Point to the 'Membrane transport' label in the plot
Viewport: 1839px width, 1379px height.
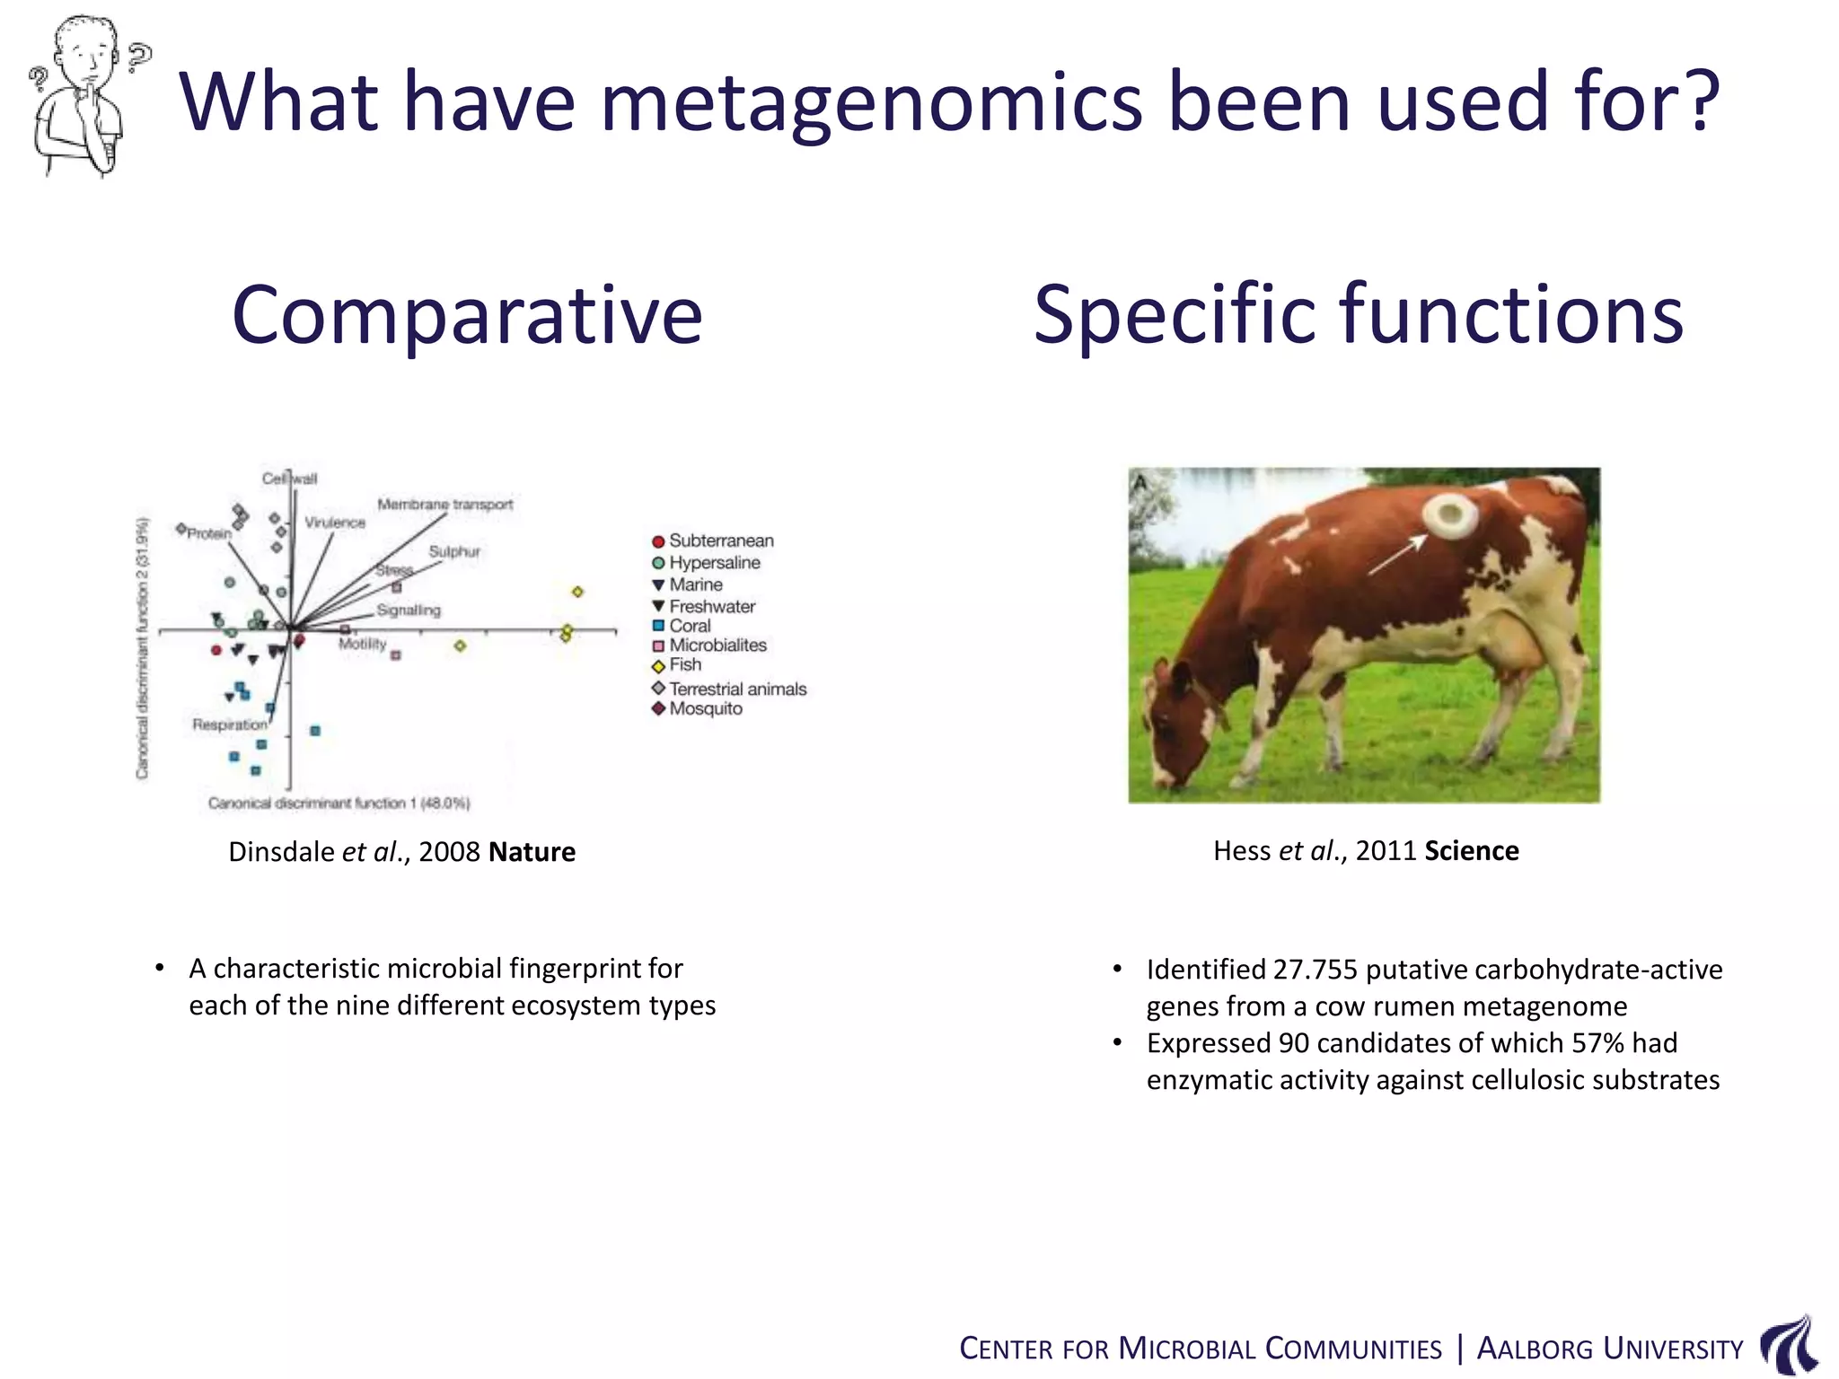coord(444,505)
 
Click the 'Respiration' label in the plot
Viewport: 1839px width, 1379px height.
coord(230,725)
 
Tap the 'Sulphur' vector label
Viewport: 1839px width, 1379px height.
coord(454,551)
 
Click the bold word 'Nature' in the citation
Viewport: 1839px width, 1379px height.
coord(532,851)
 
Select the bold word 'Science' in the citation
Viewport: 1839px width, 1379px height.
coord(1471,850)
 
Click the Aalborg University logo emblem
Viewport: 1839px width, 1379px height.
coord(1789,1345)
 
